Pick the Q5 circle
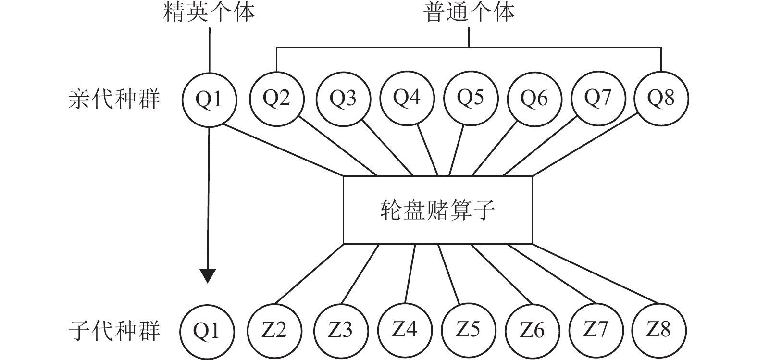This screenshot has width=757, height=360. click(x=470, y=98)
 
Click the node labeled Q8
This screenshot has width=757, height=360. click(x=661, y=98)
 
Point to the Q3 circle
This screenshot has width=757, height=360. click(x=343, y=98)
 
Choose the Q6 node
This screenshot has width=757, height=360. click(x=534, y=98)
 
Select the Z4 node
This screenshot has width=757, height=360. click(x=405, y=330)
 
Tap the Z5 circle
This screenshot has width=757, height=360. click(x=468, y=330)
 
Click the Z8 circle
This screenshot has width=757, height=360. click(x=658, y=330)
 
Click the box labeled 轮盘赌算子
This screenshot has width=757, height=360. click(x=437, y=210)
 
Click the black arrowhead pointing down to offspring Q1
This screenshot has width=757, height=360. click(x=208, y=276)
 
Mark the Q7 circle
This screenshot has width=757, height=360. click(x=598, y=98)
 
